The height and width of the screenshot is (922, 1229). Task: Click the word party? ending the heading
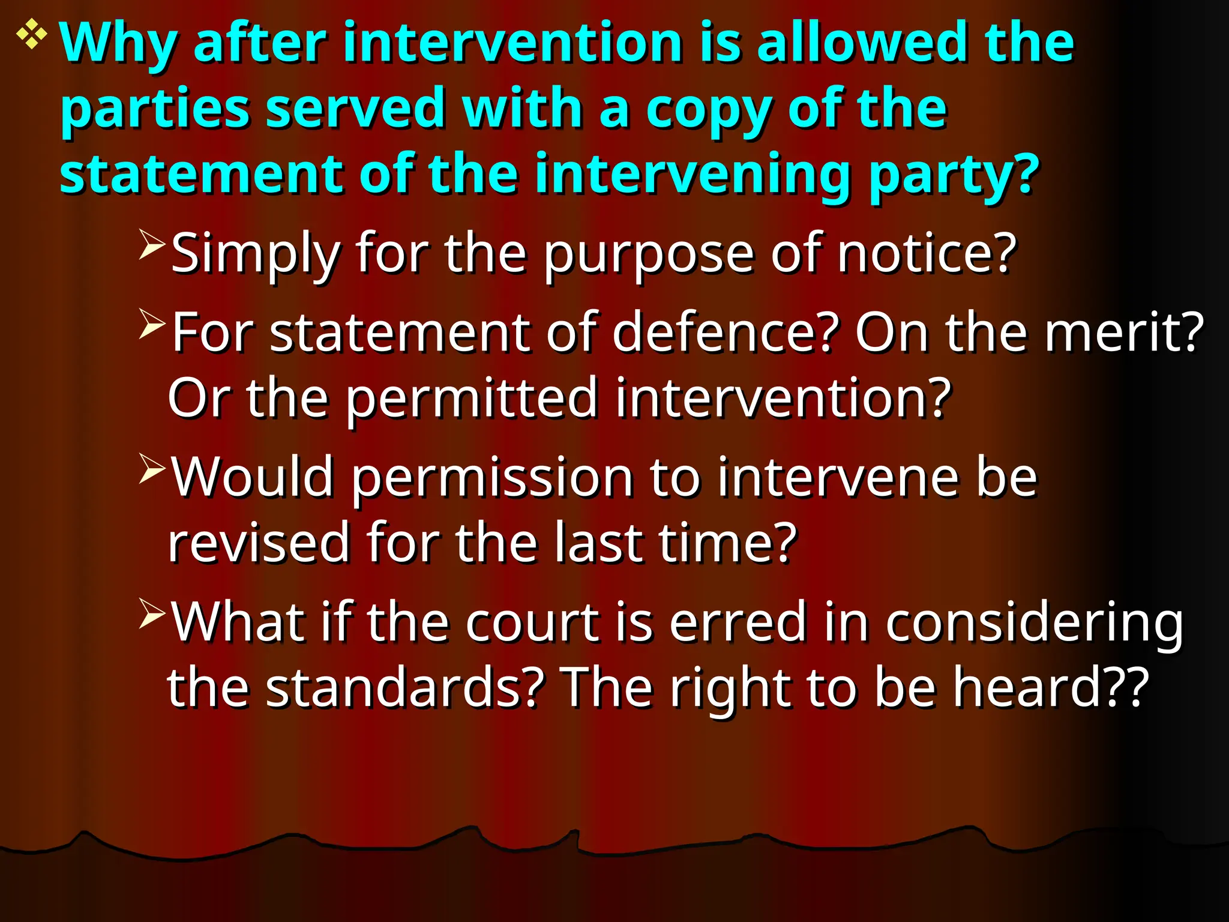[954, 175]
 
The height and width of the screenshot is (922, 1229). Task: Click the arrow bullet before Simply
[151, 244]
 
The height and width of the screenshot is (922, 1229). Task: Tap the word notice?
[927, 253]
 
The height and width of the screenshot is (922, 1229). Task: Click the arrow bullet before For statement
[151, 324]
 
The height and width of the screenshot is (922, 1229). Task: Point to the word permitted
[472, 399]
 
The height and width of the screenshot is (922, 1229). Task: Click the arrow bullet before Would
[151, 468]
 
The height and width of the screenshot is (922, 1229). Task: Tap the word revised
[259, 543]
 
